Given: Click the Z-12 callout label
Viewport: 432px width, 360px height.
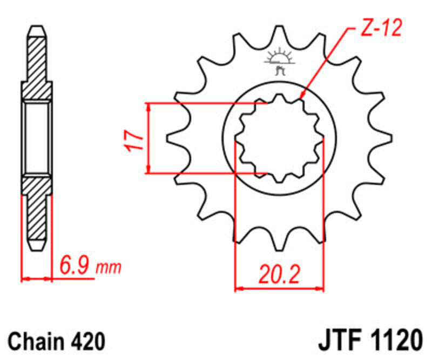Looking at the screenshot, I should [x=381, y=29].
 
